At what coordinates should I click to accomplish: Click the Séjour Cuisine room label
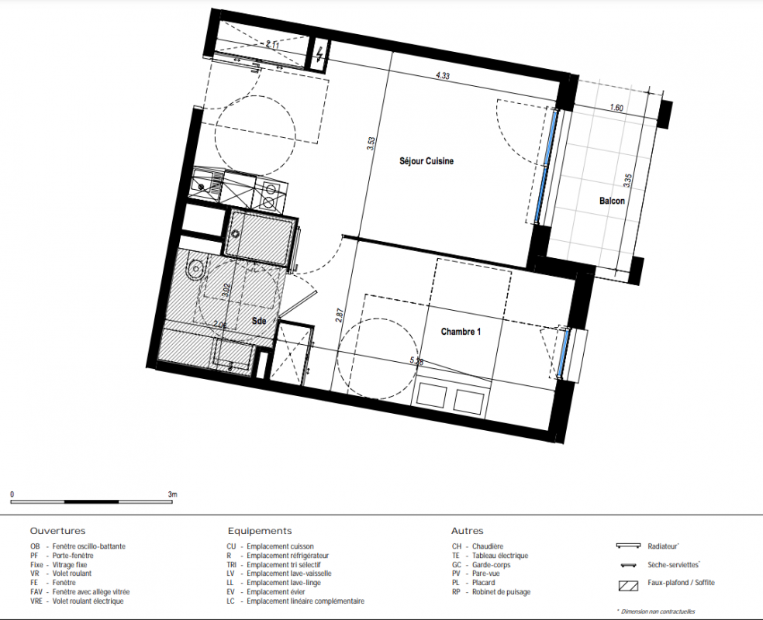tap(426, 161)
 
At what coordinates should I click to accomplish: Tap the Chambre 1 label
tap(461, 332)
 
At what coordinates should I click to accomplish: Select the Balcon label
tap(612, 201)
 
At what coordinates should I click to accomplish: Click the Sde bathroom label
tap(259, 320)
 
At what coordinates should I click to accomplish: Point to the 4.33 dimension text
tap(443, 75)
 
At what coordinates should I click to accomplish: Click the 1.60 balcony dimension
tap(616, 108)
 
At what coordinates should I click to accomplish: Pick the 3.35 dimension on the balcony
tap(628, 181)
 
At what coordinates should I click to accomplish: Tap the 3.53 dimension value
tap(371, 143)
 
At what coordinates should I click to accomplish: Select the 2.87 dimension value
tap(340, 315)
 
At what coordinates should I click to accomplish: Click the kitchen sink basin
tap(199, 184)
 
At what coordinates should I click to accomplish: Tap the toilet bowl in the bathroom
tap(196, 267)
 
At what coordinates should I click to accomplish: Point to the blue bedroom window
tap(564, 353)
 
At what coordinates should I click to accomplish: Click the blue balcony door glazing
tap(546, 165)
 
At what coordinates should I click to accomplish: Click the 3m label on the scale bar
tap(173, 494)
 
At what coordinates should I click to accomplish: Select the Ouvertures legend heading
tap(57, 531)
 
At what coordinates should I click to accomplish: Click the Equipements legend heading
tap(260, 531)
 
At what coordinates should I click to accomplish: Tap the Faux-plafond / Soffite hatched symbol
tap(628, 585)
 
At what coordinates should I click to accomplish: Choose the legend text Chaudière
tap(488, 546)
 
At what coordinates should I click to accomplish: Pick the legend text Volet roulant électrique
tap(88, 601)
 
